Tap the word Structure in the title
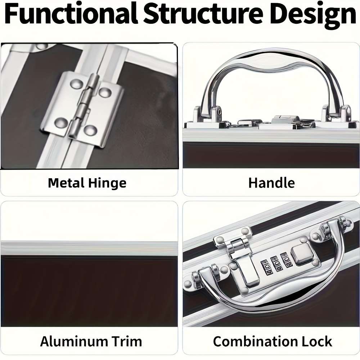pyautogui.click(x=203, y=14)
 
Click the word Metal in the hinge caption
pyautogui.click(x=66, y=183)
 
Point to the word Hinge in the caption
pyautogui.click(x=107, y=184)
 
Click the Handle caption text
pyautogui.click(x=271, y=183)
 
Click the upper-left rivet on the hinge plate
pyautogui.click(x=76, y=84)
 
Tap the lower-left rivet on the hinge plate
pyautogui.click(x=61, y=123)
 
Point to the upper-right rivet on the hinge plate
pyautogui.click(x=105, y=92)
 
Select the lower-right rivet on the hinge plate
pyautogui.click(x=90, y=130)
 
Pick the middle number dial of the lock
pyautogui.click(x=276, y=264)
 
